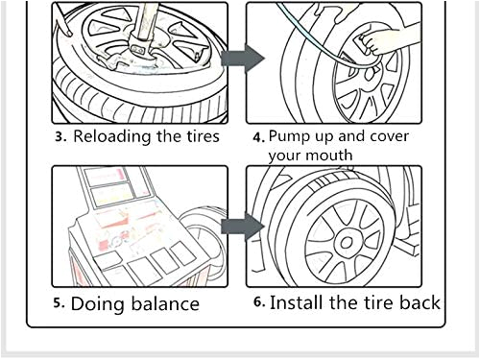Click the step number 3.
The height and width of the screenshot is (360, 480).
60,137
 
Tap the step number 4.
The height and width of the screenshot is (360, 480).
259,137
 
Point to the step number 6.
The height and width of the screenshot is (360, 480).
259,303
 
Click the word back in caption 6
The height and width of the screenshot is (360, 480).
419,302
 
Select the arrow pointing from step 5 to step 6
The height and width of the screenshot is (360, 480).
242,228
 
